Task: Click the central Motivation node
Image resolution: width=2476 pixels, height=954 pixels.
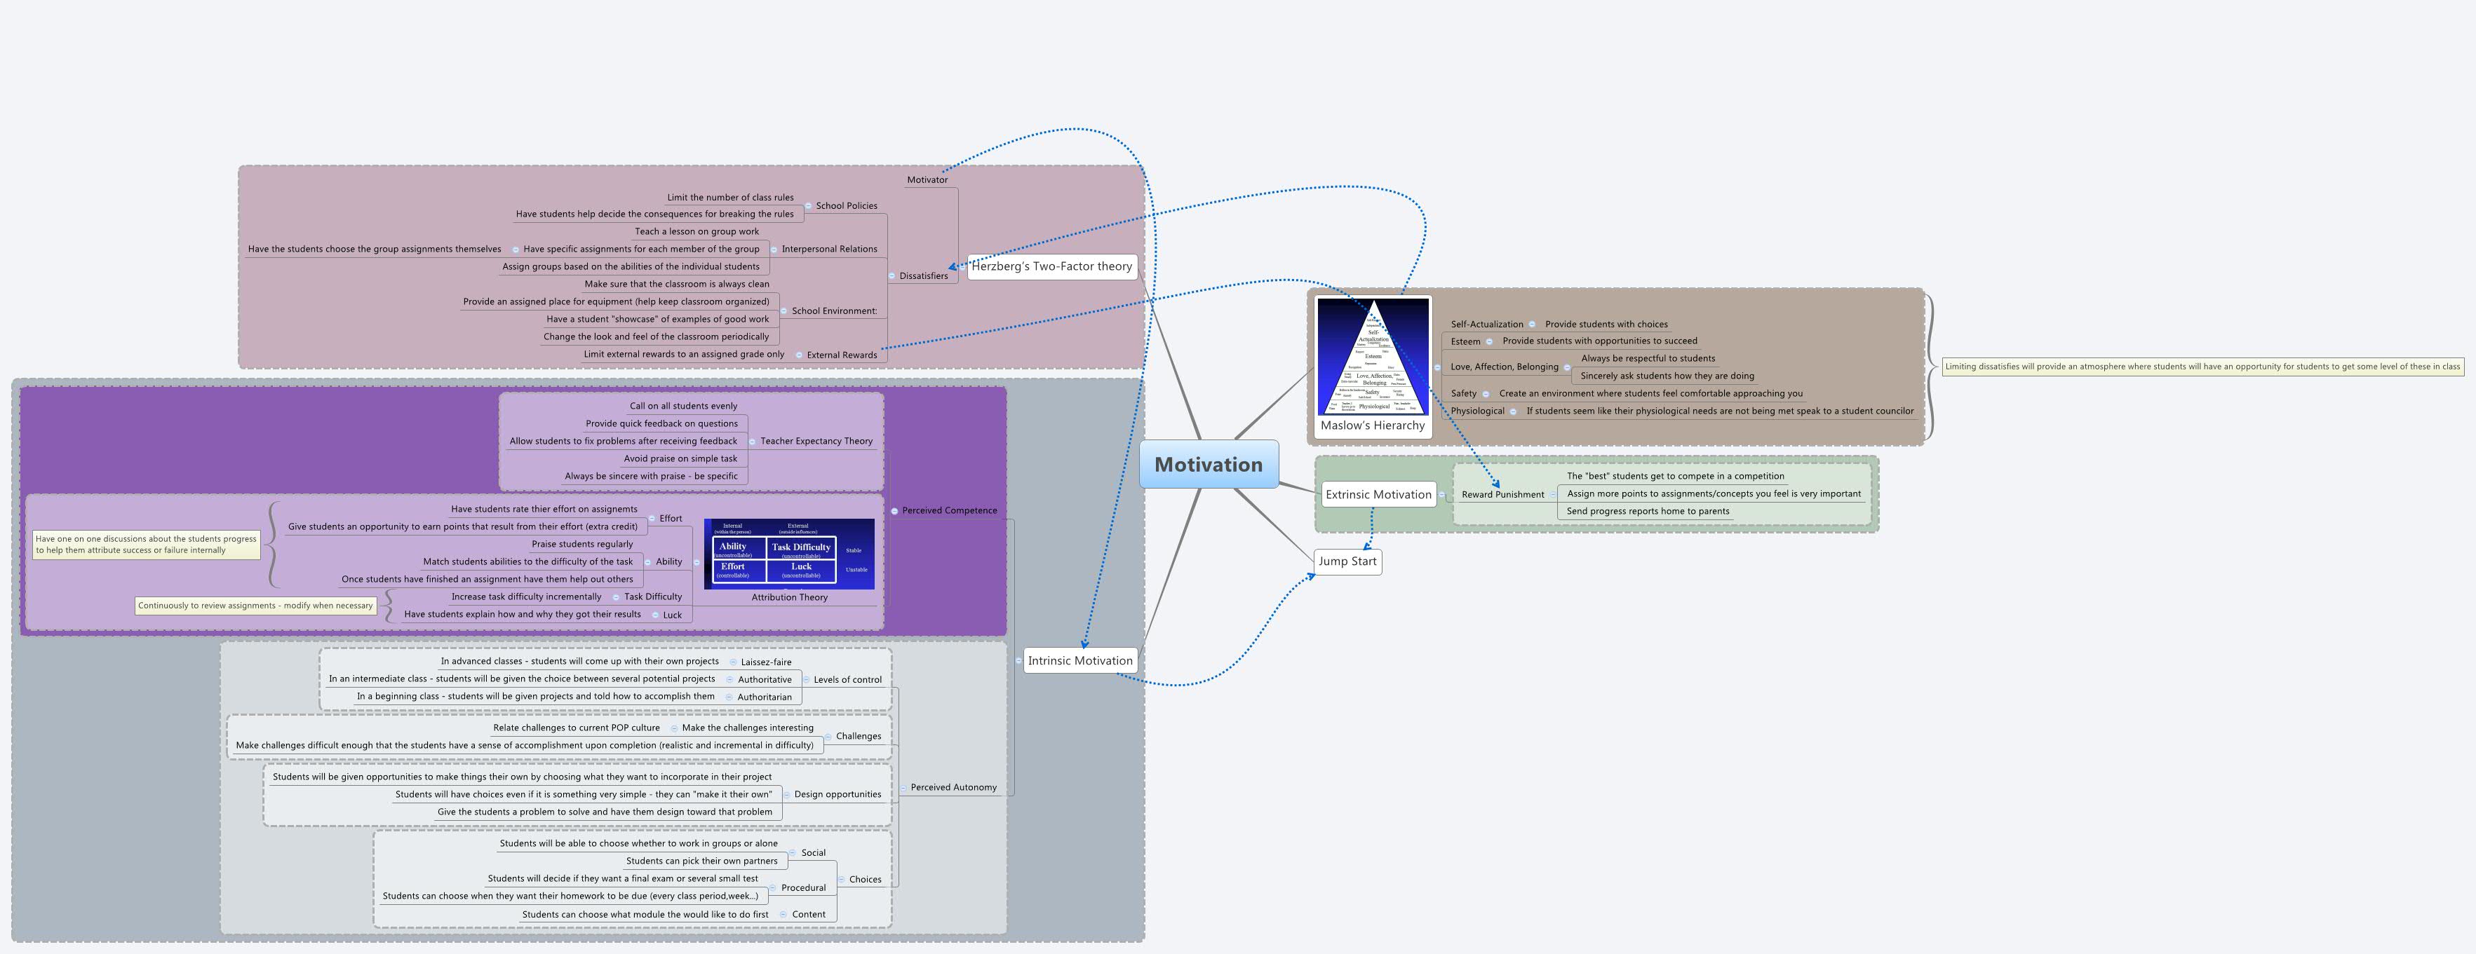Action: pyautogui.click(x=1209, y=465)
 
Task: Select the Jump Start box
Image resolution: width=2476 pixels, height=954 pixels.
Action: pyautogui.click(x=1347, y=561)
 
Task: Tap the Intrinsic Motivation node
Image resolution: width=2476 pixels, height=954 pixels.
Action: pyautogui.click(x=1079, y=660)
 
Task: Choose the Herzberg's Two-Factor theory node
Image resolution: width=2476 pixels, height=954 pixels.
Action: pyautogui.click(x=1051, y=266)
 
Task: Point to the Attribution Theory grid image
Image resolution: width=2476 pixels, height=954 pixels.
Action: pyautogui.click(x=789, y=554)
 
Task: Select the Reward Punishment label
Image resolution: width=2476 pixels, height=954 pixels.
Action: pyautogui.click(x=1502, y=495)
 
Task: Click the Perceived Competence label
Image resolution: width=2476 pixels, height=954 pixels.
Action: pyautogui.click(x=949, y=510)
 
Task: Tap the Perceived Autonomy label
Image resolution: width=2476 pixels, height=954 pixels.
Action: pyautogui.click(x=953, y=787)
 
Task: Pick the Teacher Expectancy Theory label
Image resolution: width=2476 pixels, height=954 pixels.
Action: pyautogui.click(x=816, y=441)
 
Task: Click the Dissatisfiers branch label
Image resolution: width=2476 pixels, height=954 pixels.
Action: pyautogui.click(x=923, y=275)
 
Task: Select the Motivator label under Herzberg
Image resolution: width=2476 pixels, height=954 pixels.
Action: pyautogui.click(x=927, y=179)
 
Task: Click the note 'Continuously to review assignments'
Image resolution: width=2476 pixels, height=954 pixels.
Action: pyautogui.click(x=255, y=605)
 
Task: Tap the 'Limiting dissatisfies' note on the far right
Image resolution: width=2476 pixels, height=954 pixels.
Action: pyautogui.click(x=2202, y=366)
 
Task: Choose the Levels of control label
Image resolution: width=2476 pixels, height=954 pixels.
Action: pyautogui.click(x=847, y=679)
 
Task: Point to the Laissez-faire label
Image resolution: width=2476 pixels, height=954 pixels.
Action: pyautogui.click(x=766, y=662)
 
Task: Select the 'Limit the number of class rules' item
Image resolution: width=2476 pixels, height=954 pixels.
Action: pyautogui.click(x=729, y=198)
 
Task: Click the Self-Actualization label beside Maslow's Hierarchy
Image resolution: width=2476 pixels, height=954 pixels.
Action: pyautogui.click(x=1486, y=325)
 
